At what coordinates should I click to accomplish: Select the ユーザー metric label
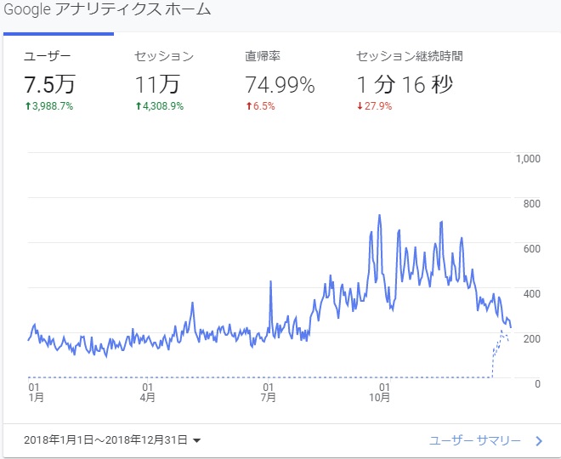pos(48,57)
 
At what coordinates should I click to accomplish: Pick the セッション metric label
pos(164,57)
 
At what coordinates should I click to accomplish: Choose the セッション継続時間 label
pos(410,57)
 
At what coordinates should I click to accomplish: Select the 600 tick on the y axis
pos(532,248)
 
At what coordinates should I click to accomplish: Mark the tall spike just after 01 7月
pos(270,281)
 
